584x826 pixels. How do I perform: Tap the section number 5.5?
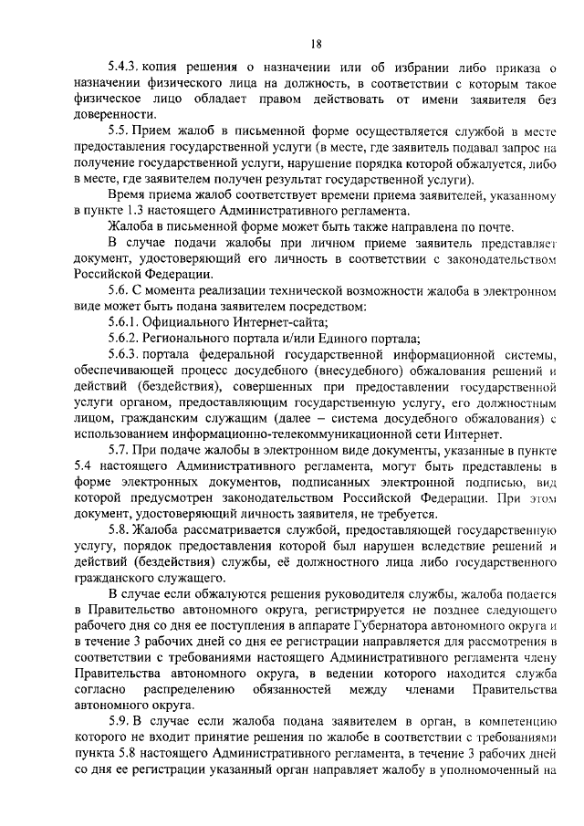click(x=119, y=131)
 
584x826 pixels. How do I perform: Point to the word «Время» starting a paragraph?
click(x=128, y=194)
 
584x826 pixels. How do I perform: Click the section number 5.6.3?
click(x=125, y=354)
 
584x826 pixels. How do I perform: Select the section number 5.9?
click(x=119, y=719)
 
